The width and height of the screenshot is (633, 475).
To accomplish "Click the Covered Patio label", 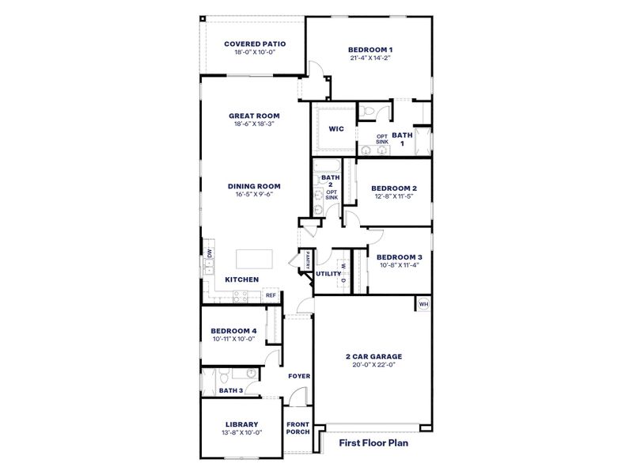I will coord(254,44).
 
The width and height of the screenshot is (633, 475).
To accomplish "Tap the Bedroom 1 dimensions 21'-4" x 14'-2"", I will coord(370,58).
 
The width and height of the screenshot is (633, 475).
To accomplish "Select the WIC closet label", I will coord(335,127).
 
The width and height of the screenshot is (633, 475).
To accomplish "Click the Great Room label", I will coord(254,116).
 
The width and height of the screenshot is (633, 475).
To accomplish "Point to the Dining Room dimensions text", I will coord(254,194).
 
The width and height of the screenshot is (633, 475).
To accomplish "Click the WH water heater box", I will coord(423,303).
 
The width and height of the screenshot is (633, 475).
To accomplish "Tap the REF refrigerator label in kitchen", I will coord(271,295).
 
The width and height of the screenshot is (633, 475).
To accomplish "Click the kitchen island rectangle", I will coord(255,259).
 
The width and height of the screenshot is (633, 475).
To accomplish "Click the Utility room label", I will coord(328,275).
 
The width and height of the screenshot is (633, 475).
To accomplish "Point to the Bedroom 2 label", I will coord(393,188).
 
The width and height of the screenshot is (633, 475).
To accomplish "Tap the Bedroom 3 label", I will coord(398,257).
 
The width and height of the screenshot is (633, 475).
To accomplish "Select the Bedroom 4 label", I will coord(233,331).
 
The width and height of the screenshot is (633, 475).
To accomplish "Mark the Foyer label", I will coord(298,376).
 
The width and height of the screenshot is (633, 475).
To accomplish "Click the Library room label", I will coord(242,424).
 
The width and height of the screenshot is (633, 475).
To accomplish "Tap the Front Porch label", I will coord(298,428).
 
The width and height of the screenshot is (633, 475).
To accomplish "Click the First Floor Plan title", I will coord(373,443).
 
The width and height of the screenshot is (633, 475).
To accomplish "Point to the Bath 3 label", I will coord(230,390).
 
